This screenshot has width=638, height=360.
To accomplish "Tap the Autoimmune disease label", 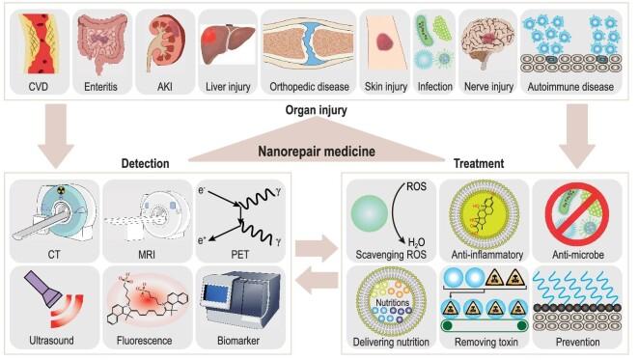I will (571, 87).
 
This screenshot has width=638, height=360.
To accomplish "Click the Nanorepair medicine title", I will (319, 151).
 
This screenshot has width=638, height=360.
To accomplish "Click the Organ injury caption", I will (319, 113).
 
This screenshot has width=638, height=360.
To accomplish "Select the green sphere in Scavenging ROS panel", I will (378, 212).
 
